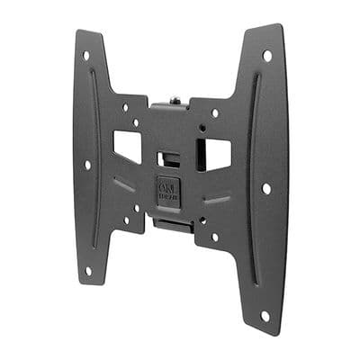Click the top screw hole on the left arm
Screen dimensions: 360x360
[87, 55]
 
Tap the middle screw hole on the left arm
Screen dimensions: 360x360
[87, 165]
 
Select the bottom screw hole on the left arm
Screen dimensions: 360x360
[87, 270]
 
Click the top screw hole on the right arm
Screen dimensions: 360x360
[267, 56]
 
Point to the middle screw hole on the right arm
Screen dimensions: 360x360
[266, 189]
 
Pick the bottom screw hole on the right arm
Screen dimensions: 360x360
[265, 316]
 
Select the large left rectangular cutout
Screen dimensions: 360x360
[127, 147]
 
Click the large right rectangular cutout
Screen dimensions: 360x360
[217, 155]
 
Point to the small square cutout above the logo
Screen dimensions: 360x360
[168, 158]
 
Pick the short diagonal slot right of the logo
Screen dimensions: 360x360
[216, 199]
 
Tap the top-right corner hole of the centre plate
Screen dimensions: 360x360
[214, 113]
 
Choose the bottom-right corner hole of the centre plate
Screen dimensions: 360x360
[213, 238]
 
